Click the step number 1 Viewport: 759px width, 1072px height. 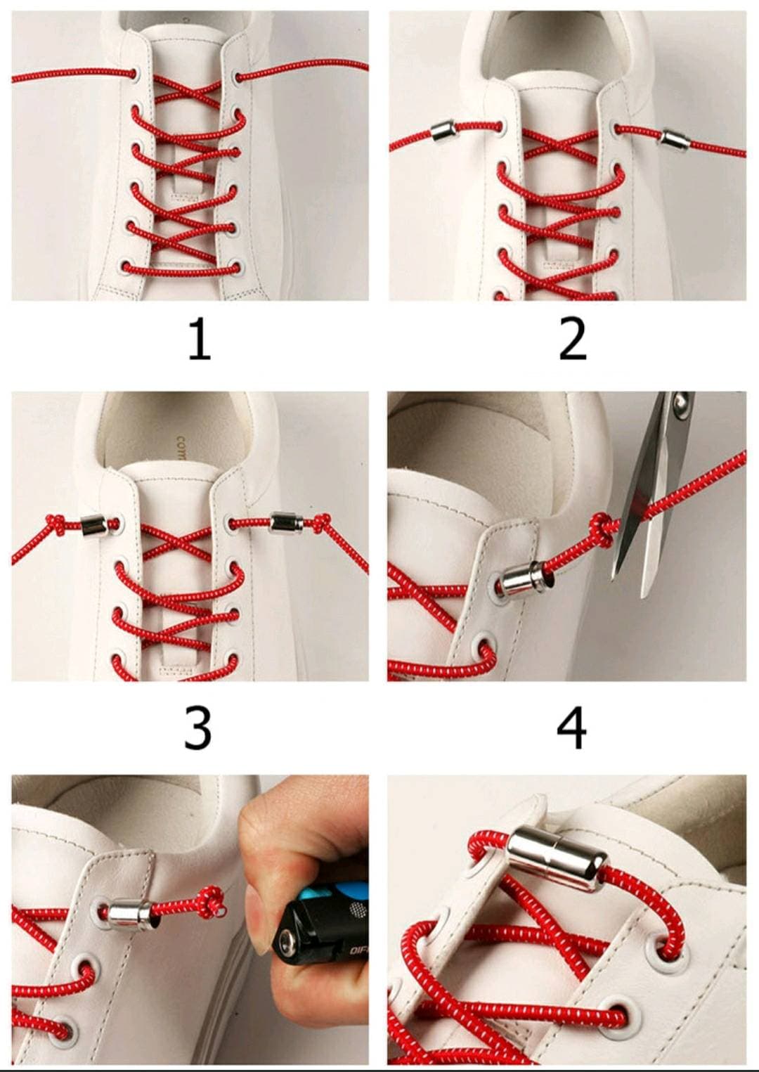200,339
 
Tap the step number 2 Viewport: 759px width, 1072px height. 572,339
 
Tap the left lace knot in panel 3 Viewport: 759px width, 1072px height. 56,524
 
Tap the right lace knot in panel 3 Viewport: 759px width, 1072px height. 320,522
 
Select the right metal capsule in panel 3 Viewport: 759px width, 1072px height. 286,522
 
